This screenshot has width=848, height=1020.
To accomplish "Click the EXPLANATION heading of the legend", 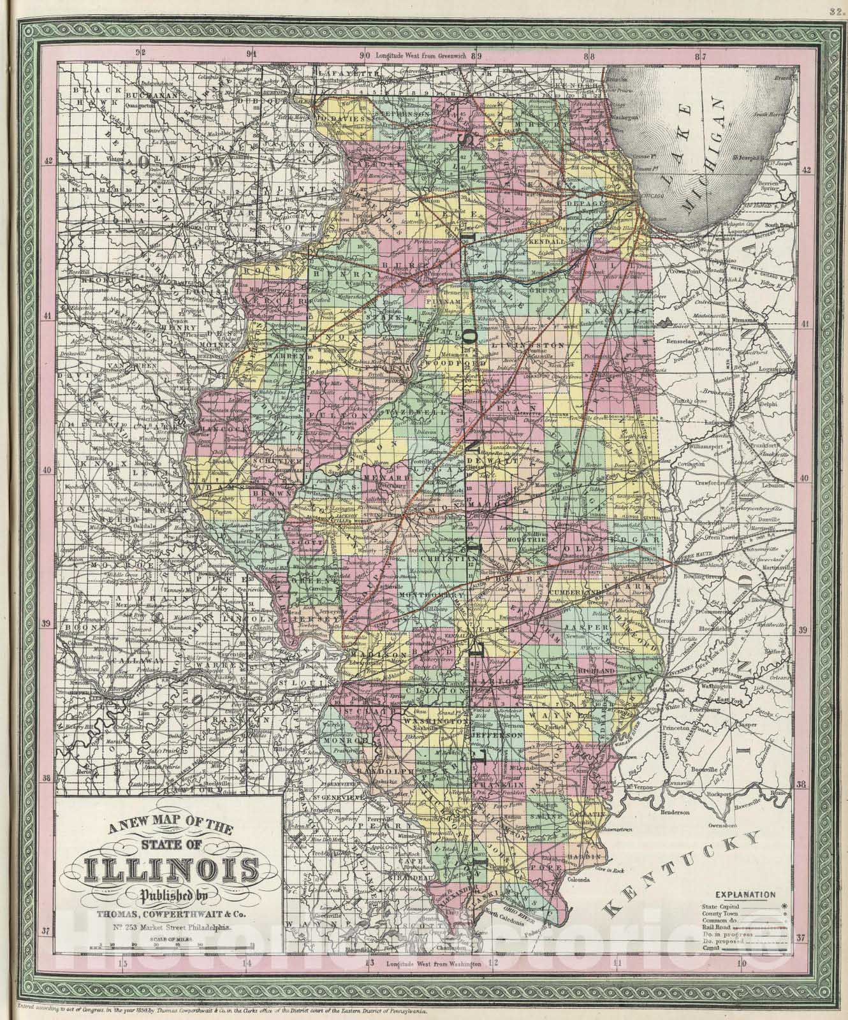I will coord(749,894).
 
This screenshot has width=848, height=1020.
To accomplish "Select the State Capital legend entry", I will coord(717,905).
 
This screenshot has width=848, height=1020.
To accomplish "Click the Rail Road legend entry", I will coord(715,926).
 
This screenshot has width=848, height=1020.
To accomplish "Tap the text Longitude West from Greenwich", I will coord(421,56).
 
